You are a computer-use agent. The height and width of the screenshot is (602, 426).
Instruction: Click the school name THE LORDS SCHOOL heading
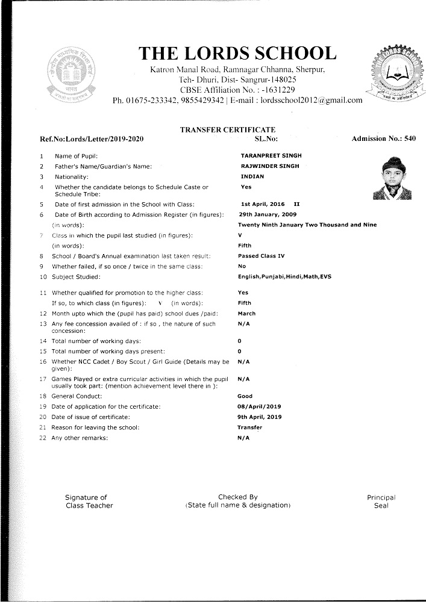238,53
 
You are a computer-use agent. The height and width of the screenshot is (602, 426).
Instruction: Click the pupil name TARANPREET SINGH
271,156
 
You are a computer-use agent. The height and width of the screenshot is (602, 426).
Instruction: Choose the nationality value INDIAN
252,177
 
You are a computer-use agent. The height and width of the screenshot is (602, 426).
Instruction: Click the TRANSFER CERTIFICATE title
228,130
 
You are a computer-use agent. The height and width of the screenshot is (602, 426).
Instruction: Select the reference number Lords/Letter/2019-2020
92,140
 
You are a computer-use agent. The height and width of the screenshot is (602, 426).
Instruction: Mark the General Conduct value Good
245,396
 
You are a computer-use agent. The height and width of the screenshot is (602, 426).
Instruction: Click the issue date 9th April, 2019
263,417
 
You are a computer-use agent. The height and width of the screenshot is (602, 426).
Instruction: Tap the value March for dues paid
247,314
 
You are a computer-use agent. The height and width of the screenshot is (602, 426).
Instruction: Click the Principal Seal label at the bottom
381,501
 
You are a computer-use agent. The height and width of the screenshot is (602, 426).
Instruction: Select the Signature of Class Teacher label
89,501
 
